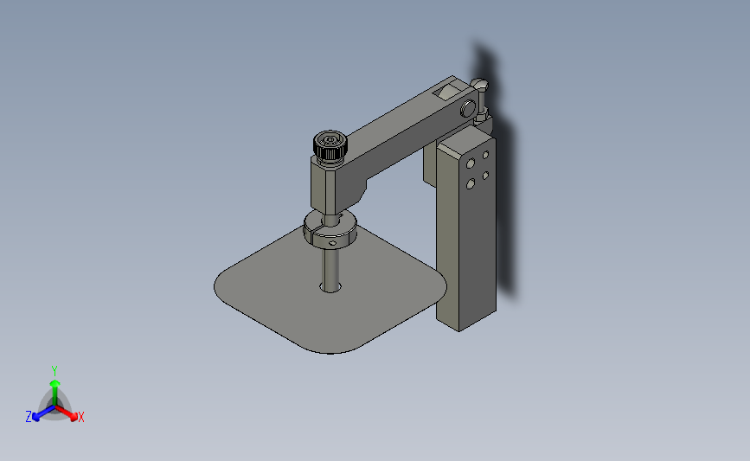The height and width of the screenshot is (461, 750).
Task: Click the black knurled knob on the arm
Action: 329,147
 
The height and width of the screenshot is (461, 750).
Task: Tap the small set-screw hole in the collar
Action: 332,243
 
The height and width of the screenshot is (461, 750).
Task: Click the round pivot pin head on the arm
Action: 468,109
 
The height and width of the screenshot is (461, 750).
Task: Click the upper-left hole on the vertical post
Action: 470,163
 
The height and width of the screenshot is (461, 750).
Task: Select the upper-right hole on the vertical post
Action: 486,155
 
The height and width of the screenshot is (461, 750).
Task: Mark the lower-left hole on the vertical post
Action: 470,182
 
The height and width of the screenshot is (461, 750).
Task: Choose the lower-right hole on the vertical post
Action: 486,175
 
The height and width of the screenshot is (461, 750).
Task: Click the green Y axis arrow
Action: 54,385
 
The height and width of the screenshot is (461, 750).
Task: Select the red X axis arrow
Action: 70,414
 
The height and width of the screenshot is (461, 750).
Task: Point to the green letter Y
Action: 54,369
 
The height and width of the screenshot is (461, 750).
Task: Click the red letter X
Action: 80,418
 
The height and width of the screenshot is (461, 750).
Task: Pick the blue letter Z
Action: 29,417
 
